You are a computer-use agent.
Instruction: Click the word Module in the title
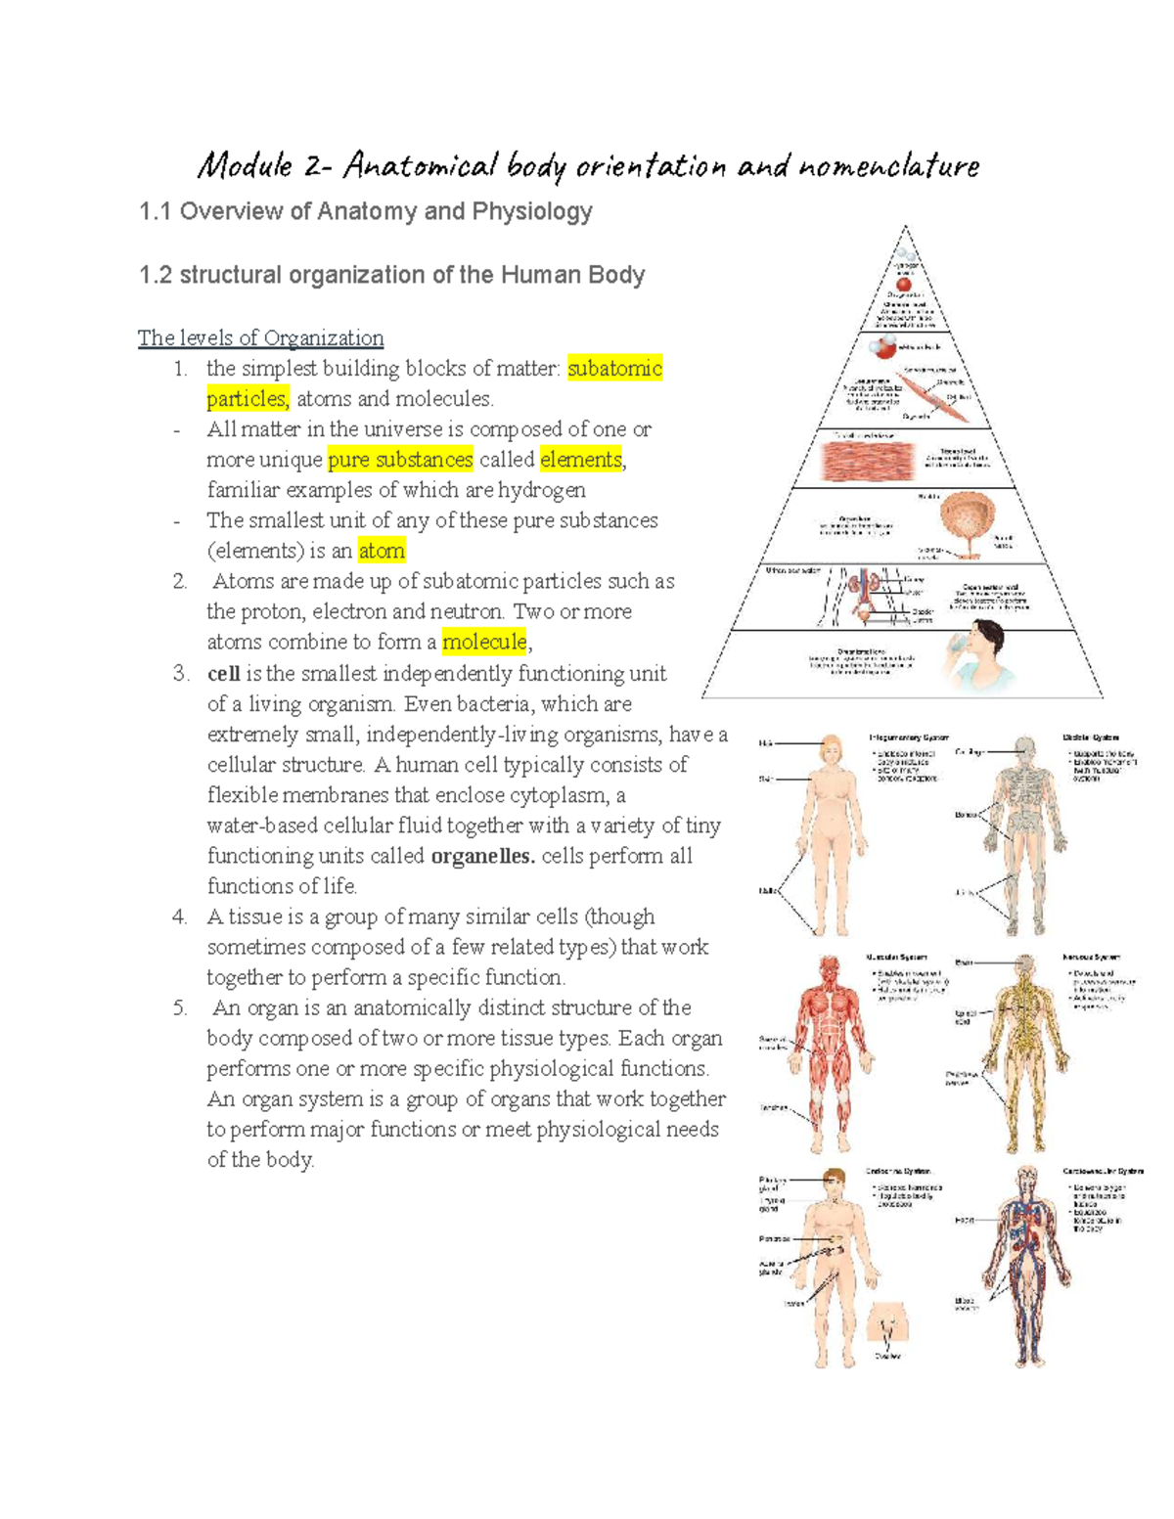[245, 166]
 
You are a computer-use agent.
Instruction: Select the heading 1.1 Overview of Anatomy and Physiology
[366, 211]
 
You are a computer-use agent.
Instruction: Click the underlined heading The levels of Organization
[260, 338]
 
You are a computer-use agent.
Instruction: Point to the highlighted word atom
[382, 551]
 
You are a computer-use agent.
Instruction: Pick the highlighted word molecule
[484, 642]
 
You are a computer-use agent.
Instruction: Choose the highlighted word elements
[581, 460]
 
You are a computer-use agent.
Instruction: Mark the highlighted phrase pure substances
[400, 460]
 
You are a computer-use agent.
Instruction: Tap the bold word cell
[223, 674]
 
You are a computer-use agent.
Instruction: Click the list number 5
[180, 1008]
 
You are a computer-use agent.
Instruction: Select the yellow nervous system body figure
[1023, 1051]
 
